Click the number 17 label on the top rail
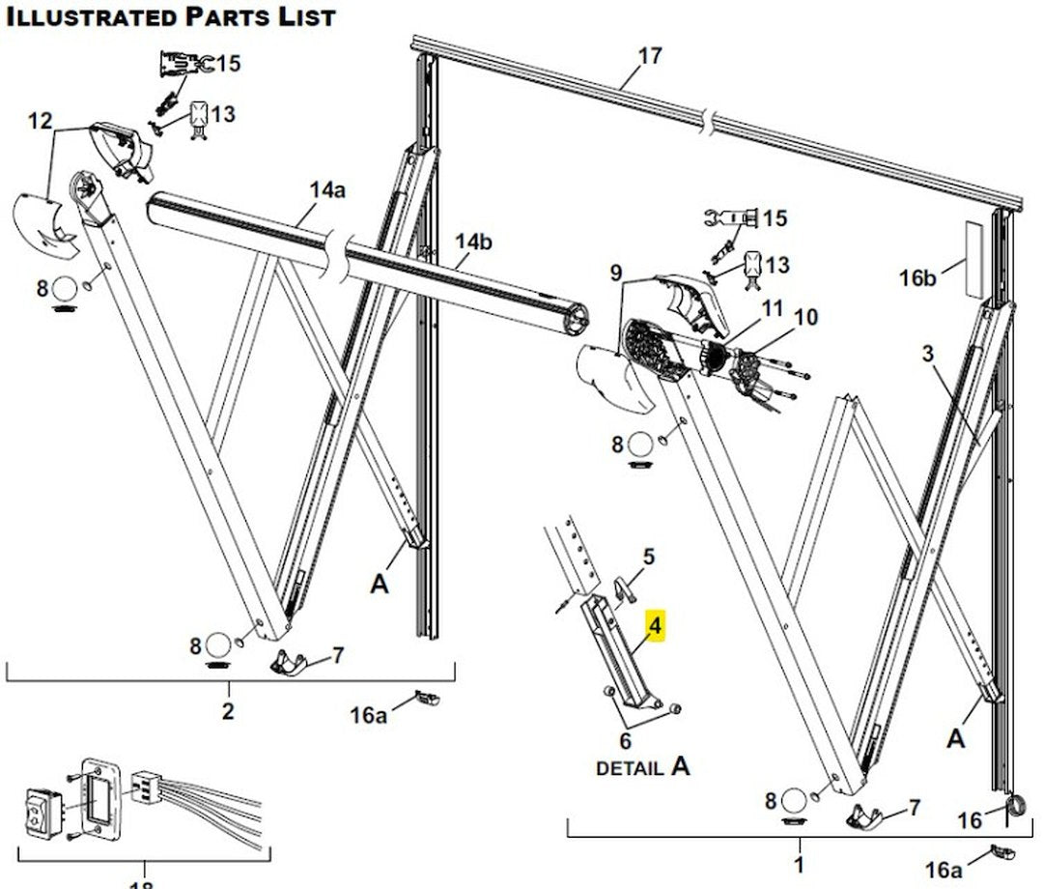(650, 56)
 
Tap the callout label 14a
(327, 190)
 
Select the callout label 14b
(473, 242)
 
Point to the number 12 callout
(41, 121)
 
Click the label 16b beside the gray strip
(917, 278)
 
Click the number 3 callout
(928, 354)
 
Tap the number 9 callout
(616, 273)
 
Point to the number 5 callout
(649, 557)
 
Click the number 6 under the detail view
(625, 741)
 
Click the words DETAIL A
(643, 767)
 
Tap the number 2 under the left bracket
(229, 712)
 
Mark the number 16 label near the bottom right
(970, 820)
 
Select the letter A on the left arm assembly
(380, 584)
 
